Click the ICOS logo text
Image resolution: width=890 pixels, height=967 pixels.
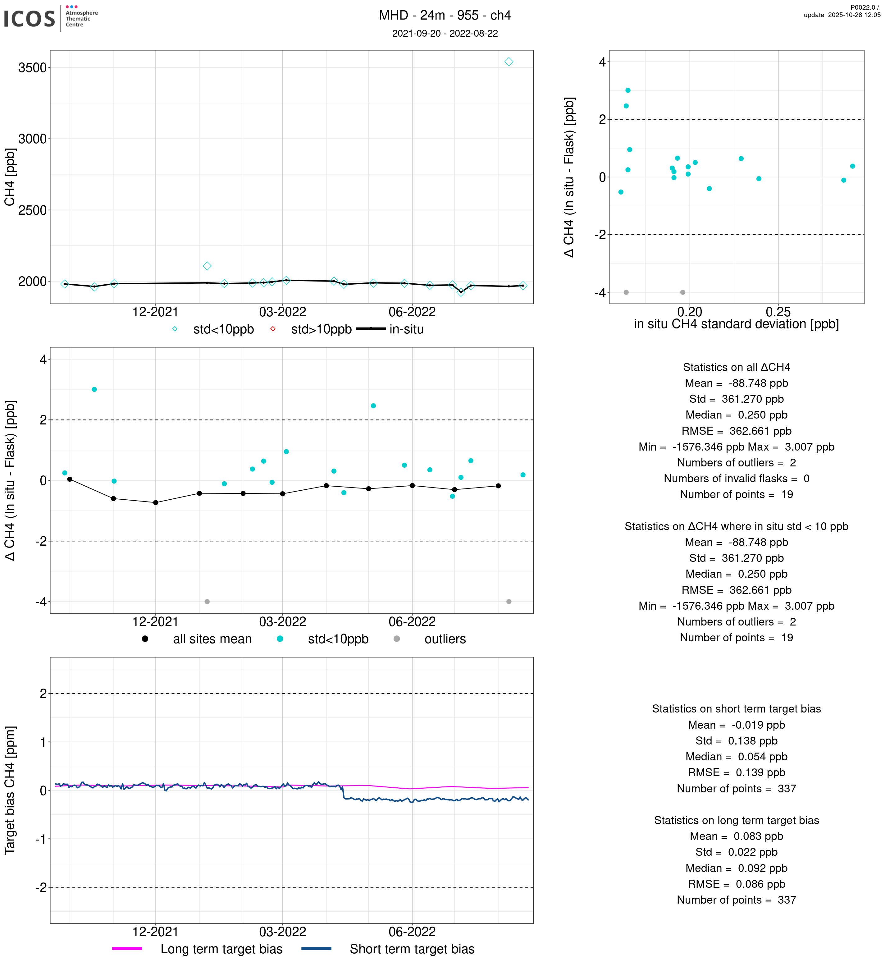tap(30, 19)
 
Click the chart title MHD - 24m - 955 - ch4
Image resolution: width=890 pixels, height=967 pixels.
tap(445, 16)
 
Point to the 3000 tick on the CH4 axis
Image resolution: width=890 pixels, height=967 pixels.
tap(32, 139)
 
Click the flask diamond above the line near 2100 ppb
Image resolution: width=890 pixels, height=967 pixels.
tap(207, 266)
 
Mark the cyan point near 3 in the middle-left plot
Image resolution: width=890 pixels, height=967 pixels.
tap(94, 389)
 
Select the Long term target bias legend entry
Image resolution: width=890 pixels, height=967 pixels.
tap(198, 949)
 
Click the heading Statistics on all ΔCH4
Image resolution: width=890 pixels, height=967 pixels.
tap(736, 367)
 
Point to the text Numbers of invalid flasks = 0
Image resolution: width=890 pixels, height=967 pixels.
tap(736, 479)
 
